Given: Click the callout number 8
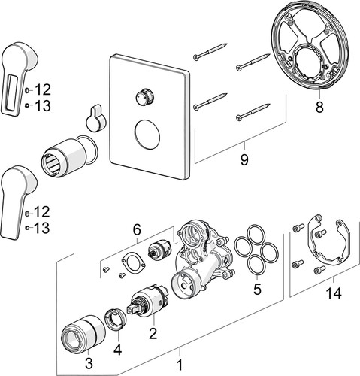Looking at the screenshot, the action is (319, 107).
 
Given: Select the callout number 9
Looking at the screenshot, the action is (244, 159).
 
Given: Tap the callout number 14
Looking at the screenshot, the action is (334, 293).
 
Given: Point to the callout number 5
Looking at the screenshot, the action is (257, 289).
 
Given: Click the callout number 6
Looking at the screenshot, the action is (137, 230).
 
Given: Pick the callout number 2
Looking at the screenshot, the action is (153, 333).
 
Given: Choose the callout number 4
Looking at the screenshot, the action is (117, 350).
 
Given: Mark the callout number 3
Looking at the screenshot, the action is (89, 363).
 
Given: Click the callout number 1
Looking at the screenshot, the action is (180, 365).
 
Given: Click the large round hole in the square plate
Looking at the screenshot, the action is (147, 134).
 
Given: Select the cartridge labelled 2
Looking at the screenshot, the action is (149, 301).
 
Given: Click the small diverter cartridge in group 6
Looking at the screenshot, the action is (160, 249).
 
